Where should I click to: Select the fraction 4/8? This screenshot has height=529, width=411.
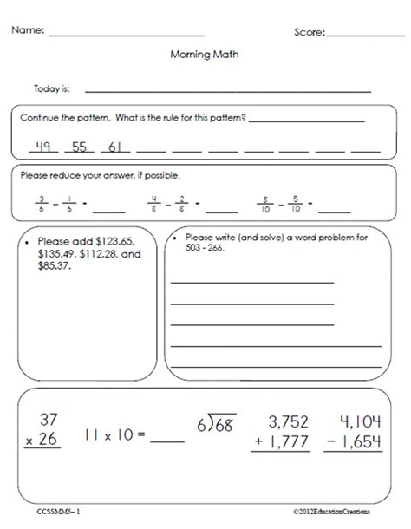pos(152,205)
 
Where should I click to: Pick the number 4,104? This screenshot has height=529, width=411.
pos(360,421)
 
